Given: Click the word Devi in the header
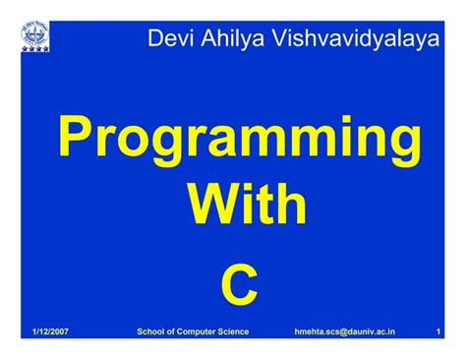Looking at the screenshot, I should pos(166,39).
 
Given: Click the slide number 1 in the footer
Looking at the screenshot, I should pos(437,333).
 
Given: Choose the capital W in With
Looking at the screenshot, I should pos(207,207).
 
